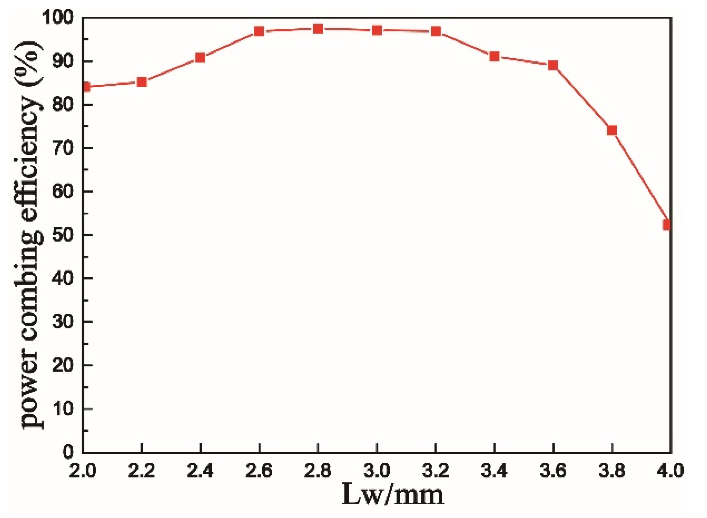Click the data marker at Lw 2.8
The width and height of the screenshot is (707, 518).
click(x=318, y=29)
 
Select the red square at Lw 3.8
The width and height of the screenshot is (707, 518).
click(x=612, y=130)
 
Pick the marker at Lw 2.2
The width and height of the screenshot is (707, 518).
click(x=142, y=82)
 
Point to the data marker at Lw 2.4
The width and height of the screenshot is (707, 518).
click(x=200, y=58)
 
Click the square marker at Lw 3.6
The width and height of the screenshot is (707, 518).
click(x=553, y=65)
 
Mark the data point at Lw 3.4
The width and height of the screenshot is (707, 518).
click(x=494, y=57)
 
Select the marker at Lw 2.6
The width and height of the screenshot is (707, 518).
click(x=259, y=31)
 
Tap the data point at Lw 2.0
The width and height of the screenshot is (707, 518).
click(x=86, y=87)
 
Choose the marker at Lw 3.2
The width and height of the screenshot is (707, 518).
click(x=436, y=31)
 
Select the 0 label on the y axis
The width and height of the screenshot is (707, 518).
click(x=68, y=452)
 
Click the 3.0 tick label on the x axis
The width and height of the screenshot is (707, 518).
click(x=377, y=470)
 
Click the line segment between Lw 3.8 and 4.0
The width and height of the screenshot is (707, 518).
click(x=640, y=177)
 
